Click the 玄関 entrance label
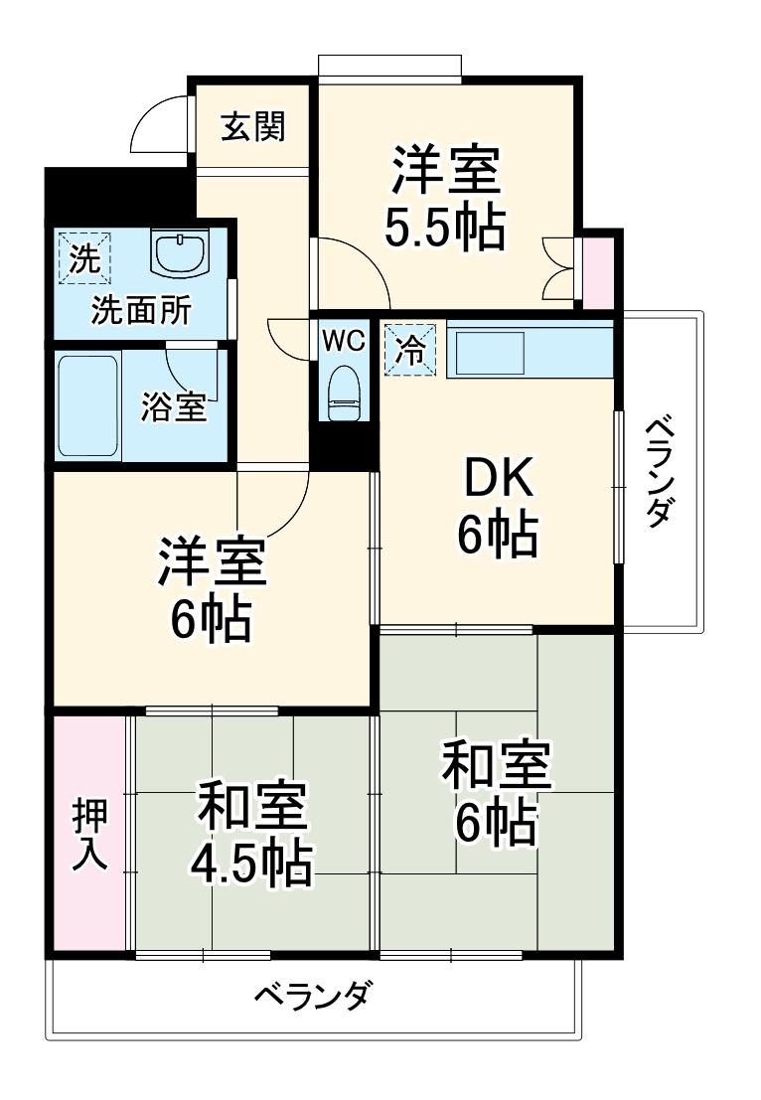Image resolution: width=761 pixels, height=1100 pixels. point(252,127)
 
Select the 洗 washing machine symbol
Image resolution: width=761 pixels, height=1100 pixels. point(85,258)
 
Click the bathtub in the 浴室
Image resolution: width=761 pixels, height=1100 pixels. point(89,403)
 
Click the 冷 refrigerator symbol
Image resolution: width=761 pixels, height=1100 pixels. point(409,349)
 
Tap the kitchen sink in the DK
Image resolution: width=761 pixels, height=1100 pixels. point(489,353)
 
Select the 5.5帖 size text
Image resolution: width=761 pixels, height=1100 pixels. point(445,230)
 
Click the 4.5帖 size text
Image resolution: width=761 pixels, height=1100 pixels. point(251,864)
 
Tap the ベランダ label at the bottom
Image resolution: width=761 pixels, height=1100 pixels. point(313,994)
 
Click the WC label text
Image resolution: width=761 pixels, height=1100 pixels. point(343,339)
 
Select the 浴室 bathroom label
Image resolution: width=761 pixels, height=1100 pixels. point(174,407)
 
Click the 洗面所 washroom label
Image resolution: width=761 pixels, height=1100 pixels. point(141,311)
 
